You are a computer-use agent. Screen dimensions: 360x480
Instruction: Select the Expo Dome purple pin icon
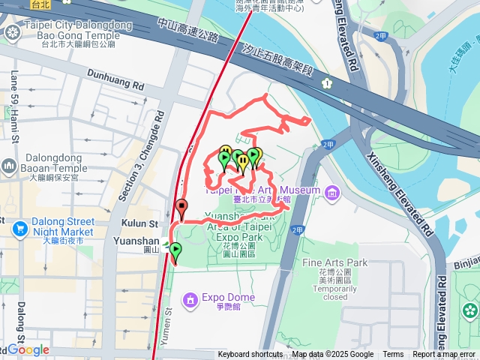point(190,299)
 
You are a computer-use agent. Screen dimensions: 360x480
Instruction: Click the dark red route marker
point(181,208)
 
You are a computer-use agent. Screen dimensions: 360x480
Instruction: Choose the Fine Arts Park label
point(335,262)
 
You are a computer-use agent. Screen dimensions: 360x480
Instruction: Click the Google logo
point(28,349)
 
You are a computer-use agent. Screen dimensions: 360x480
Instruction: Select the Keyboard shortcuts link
point(250,355)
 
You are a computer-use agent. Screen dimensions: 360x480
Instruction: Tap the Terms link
point(393,355)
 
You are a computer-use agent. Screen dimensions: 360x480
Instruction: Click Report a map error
point(444,355)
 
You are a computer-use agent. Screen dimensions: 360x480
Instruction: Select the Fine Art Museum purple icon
point(331,194)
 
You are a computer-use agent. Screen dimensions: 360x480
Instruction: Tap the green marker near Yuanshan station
point(175,251)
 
